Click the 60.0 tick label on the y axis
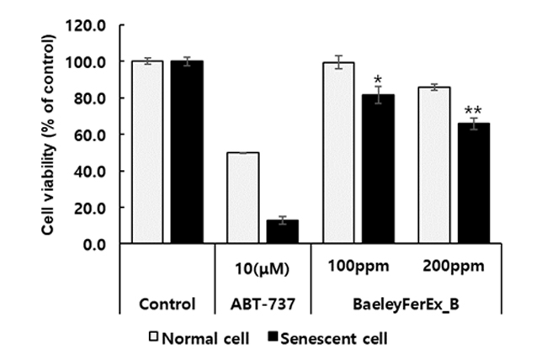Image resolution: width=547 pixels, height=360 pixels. point(91,135)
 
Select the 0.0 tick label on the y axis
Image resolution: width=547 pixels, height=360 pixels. point(94,244)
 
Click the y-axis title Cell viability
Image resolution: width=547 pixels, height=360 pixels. point(50,135)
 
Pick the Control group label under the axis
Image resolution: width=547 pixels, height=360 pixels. point(167,304)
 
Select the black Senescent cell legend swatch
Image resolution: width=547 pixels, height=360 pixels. point(272,339)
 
